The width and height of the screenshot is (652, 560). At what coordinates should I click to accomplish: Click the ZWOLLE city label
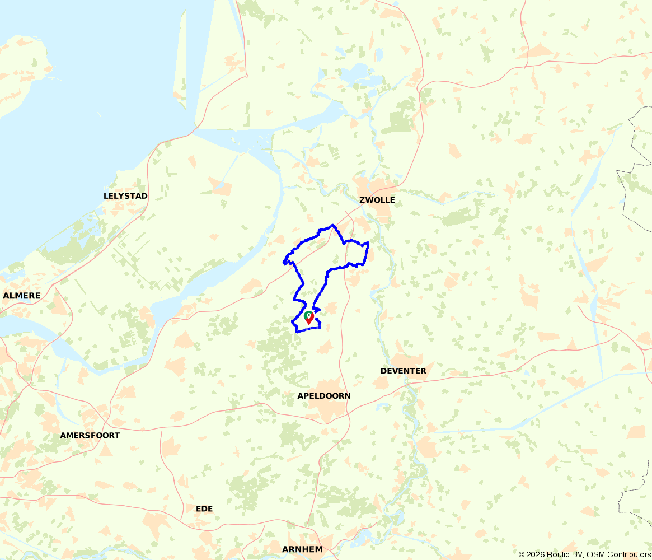377,200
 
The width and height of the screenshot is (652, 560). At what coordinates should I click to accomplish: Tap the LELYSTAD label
125,196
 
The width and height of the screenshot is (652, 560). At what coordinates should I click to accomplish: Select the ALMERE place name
21,295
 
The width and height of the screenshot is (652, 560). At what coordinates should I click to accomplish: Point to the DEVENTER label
403,371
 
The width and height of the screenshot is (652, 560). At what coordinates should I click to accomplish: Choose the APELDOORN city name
323,396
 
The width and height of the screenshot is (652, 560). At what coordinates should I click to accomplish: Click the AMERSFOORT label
90,435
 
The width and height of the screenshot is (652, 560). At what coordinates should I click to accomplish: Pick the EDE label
204,508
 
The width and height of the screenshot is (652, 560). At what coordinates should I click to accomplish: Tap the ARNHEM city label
302,549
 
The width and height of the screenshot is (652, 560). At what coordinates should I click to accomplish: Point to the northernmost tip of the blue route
333,225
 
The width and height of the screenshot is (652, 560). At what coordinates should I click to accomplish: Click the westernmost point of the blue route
284,261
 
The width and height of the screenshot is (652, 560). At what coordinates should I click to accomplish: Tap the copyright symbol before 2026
522,554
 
